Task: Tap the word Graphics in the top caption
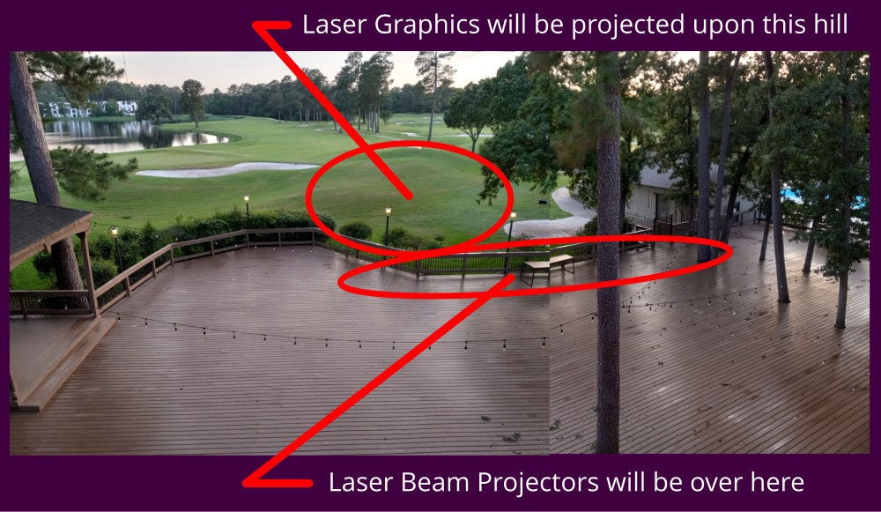(x=427, y=26)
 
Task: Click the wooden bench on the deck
(x=547, y=267)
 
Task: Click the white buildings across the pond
(x=90, y=108)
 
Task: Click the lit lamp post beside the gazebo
(x=115, y=248)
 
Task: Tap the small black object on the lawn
(x=543, y=201)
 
